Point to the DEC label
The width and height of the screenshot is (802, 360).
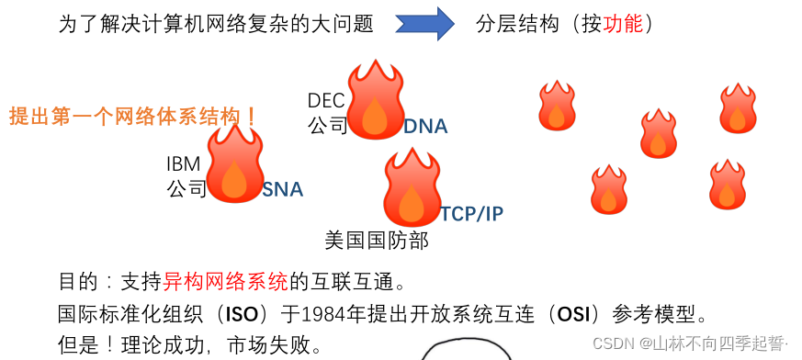coord(326,100)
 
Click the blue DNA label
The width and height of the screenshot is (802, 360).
coord(425,127)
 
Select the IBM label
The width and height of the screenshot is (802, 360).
coord(183,164)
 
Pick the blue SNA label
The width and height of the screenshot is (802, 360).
coord(283,190)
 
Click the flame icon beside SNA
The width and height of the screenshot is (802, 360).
coord(235,165)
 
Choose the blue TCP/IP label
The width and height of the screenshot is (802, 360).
coord(472,214)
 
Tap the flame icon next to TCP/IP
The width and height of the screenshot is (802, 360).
coord(412,189)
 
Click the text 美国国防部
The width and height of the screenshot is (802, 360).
coord(377,241)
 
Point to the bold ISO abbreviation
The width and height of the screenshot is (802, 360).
coord(242,314)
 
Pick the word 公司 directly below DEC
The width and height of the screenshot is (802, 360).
coord(327,125)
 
